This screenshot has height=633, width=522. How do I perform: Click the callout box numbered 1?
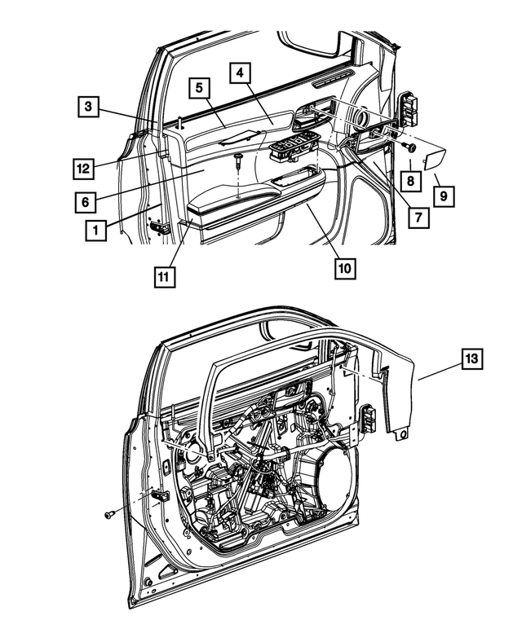pyautogui.click(x=95, y=231)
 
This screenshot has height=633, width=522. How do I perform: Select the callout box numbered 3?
pyautogui.click(x=91, y=105)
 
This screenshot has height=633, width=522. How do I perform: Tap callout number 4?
pyautogui.click(x=240, y=73)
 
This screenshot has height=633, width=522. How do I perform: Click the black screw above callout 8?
pyautogui.click(x=410, y=147)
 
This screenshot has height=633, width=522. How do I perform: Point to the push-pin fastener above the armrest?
pyautogui.click(x=237, y=160)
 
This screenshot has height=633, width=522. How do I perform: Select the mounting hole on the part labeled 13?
pyautogui.click(x=400, y=437)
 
